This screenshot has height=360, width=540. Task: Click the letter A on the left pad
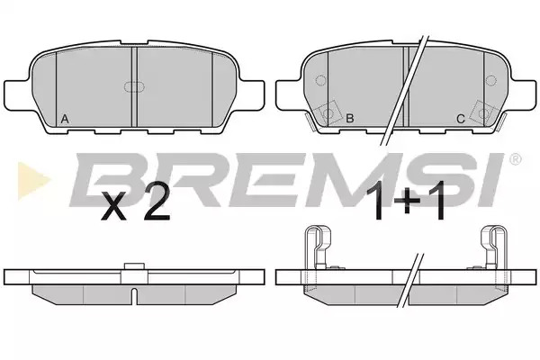[65, 119]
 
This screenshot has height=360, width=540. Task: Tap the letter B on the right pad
[349, 119]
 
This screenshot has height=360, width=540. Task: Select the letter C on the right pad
[461, 119]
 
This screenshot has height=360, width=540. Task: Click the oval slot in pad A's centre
[133, 87]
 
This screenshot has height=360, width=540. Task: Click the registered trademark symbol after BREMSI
[515, 159]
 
